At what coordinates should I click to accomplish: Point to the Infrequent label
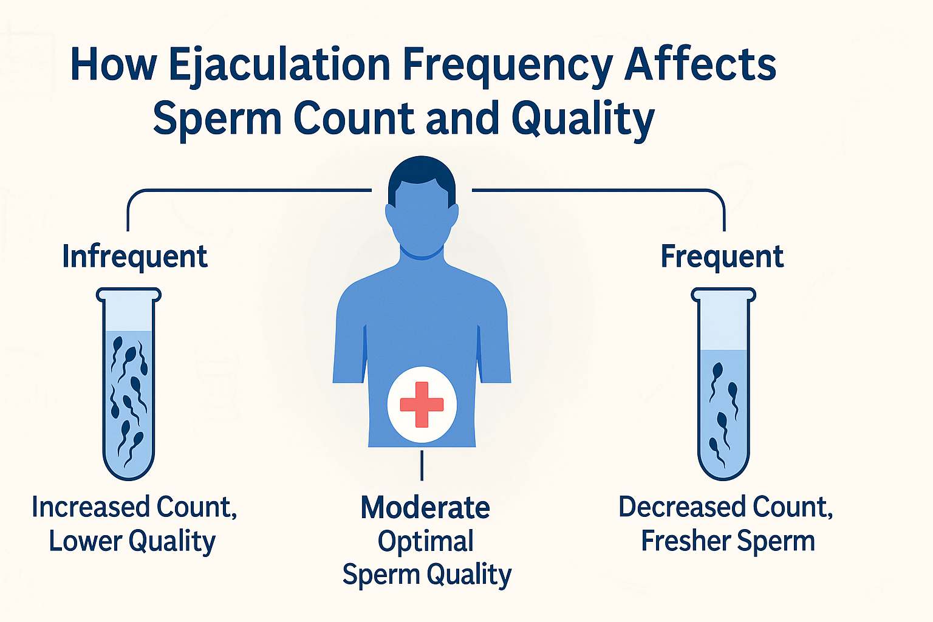click(x=134, y=257)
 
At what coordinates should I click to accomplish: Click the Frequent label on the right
click(x=722, y=256)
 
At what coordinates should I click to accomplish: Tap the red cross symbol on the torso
click(x=422, y=405)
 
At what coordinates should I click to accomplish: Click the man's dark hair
click(x=422, y=172)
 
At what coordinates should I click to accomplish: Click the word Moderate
click(x=425, y=508)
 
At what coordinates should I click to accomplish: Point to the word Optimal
click(x=425, y=541)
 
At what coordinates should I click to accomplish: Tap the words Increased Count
click(x=134, y=507)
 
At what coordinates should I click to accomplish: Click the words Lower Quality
click(x=132, y=541)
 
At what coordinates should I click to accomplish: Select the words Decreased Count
click(x=725, y=507)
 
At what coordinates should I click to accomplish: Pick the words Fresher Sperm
click(x=728, y=541)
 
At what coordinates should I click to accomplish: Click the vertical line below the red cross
click(x=422, y=465)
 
